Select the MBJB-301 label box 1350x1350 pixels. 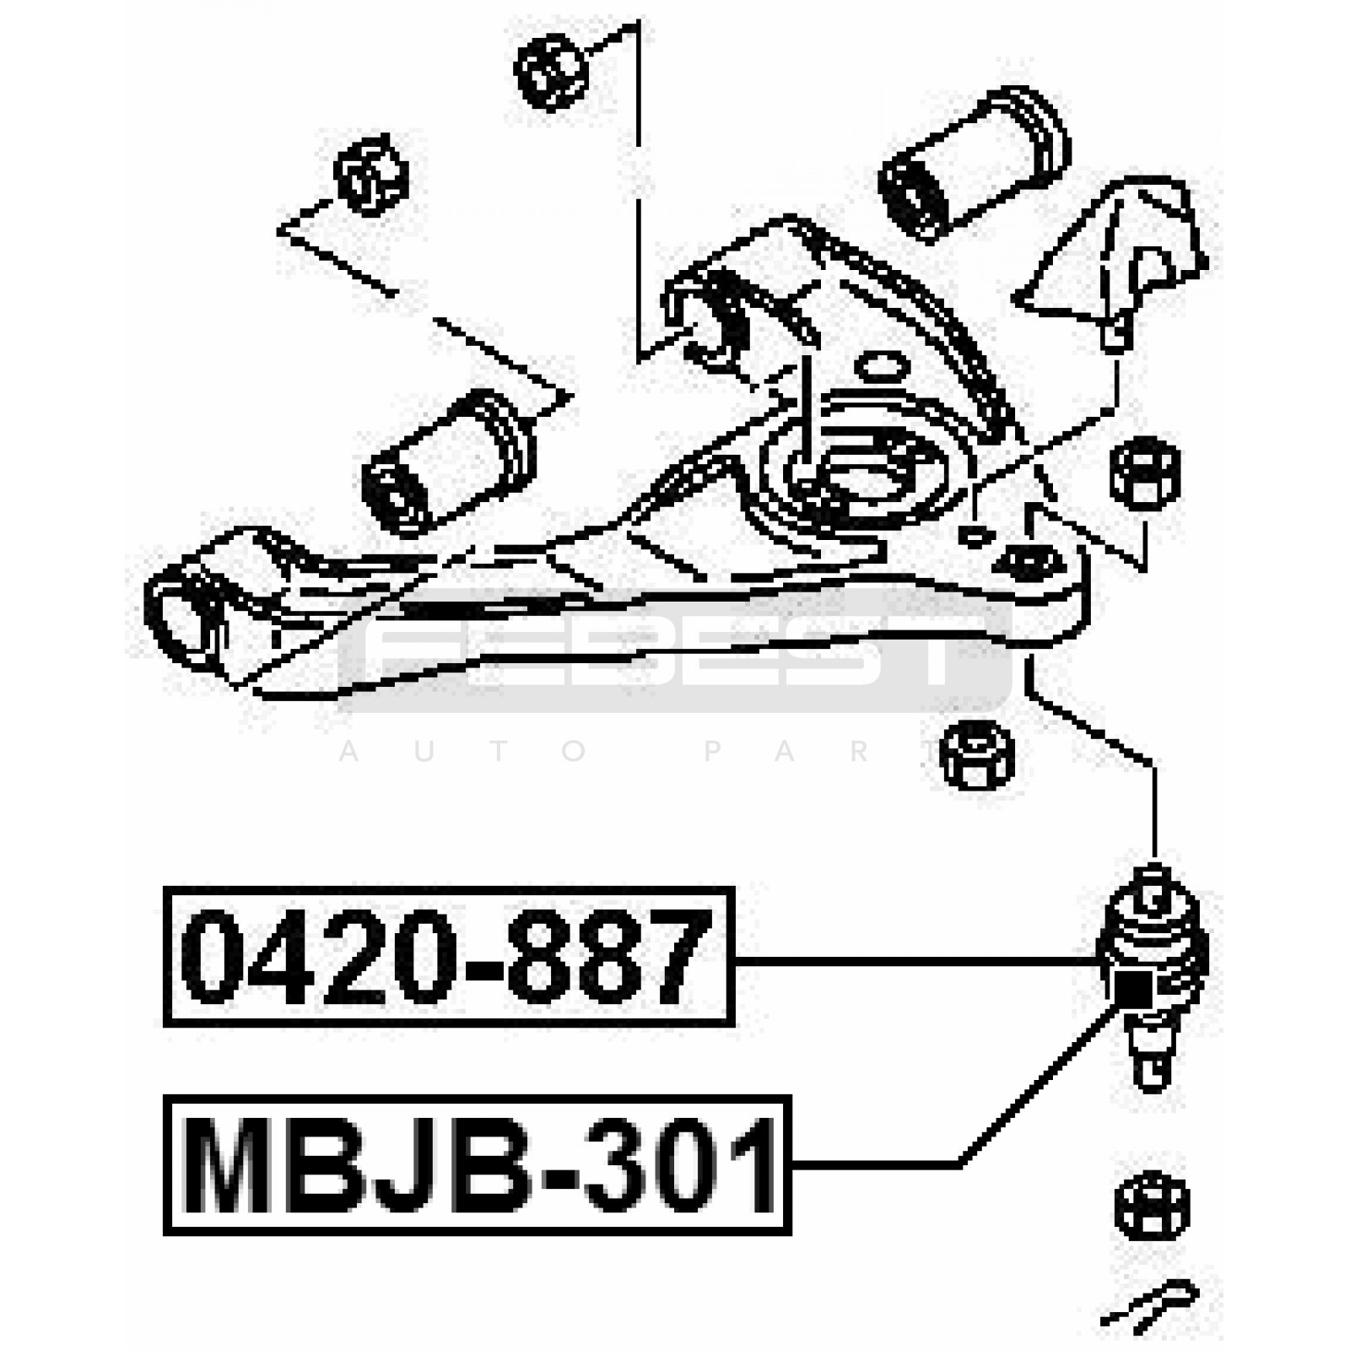point(477,1165)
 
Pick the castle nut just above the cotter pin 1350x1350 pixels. point(1151,1207)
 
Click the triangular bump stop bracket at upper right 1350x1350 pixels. point(1118,253)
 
